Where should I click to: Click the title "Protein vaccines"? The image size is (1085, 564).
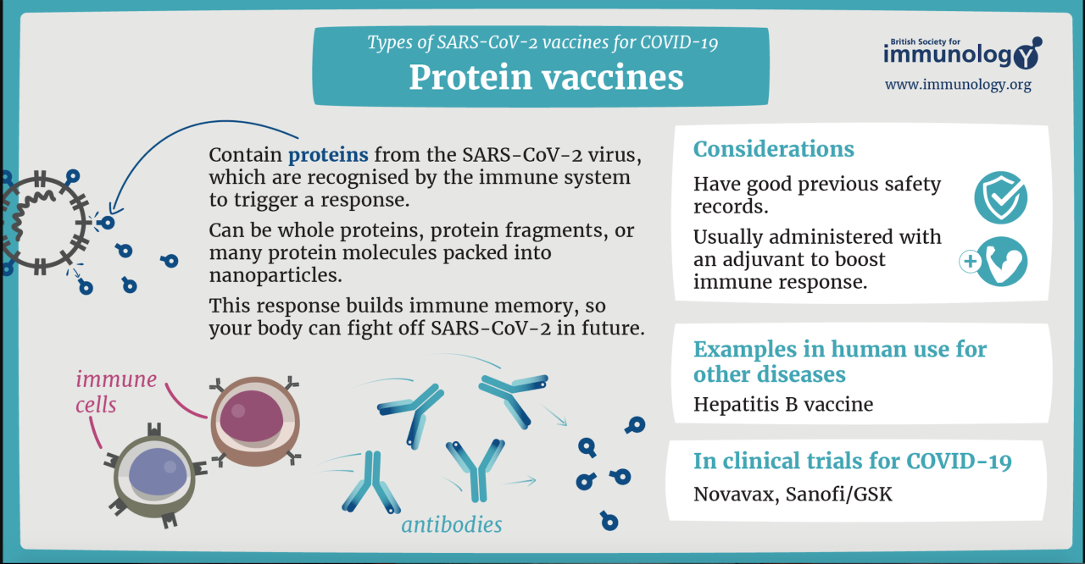point(546,77)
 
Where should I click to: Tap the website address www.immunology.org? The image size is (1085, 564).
point(958,85)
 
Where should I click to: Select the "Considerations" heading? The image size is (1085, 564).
point(774,149)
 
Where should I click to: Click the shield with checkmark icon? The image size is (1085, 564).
point(1001,197)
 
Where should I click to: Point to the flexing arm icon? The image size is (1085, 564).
point(1002,262)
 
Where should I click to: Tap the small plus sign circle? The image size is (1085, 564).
point(971,262)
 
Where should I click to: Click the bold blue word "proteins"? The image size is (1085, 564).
point(328,156)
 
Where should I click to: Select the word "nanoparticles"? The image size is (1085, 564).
point(275,275)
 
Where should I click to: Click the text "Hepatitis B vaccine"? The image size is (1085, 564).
point(783,405)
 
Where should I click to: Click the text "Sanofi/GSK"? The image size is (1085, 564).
point(839,494)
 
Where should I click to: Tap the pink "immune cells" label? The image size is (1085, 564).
point(116,392)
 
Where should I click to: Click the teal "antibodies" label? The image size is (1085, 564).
point(452,525)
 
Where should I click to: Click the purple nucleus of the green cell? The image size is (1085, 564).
point(158,472)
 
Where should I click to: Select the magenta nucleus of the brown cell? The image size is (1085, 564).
point(251,416)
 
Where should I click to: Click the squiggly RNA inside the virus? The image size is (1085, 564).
point(30,213)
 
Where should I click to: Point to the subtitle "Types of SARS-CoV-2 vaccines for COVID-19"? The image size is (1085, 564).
point(542,42)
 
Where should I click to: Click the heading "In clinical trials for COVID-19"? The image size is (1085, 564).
point(853,461)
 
